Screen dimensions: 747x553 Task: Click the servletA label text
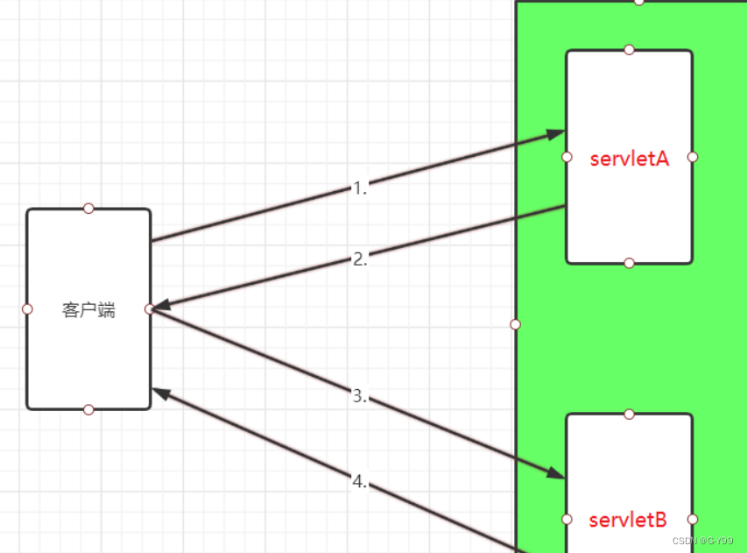(630, 159)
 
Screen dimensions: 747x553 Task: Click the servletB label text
(628, 520)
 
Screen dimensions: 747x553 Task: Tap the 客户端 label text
(88, 309)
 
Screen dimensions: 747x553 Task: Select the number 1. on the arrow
(360, 188)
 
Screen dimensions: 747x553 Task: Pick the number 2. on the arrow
(360, 259)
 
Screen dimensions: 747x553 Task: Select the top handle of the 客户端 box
(88, 209)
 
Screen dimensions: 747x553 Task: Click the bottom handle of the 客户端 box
(88, 409)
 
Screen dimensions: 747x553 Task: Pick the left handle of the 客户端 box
(27, 308)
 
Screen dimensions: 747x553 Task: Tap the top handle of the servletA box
(629, 50)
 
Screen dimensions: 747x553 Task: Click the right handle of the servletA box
(693, 157)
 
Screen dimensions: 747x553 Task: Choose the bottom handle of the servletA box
(629, 263)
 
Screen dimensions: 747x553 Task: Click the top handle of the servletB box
(629, 414)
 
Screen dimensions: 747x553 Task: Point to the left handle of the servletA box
(567, 157)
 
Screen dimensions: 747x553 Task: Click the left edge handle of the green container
(515, 324)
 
